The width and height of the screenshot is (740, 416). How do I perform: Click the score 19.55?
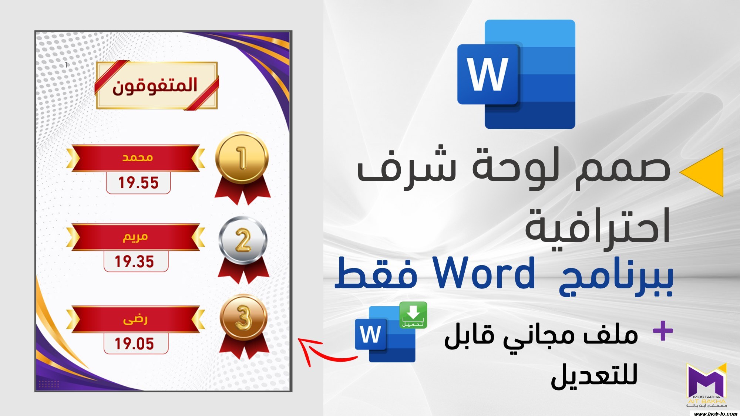point(138,183)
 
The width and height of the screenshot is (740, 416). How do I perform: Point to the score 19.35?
point(134,261)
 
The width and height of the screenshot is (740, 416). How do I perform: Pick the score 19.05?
point(134,344)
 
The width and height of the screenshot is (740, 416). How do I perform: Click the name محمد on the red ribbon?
point(138,158)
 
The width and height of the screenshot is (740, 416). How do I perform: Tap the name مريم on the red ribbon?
point(135,237)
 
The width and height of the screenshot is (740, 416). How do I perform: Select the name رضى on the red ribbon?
point(135,319)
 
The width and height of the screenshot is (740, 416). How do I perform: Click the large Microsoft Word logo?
point(516,74)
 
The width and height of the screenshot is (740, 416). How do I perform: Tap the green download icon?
point(413,315)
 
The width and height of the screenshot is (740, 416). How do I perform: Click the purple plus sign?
point(663,331)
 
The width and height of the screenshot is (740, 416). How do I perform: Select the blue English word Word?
point(484,274)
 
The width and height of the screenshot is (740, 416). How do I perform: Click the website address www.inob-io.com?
point(716,413)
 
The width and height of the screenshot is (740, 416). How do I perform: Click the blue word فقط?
point(376,274)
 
